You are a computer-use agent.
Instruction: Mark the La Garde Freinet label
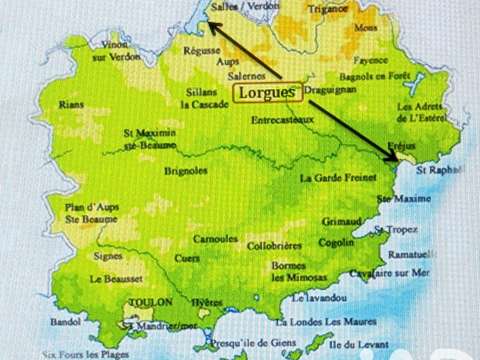pos(334,179)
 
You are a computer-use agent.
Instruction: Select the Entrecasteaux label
pos(283,120)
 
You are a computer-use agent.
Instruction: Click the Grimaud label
pos(341,222)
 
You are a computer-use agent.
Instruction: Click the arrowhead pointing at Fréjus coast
pos(393,154)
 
